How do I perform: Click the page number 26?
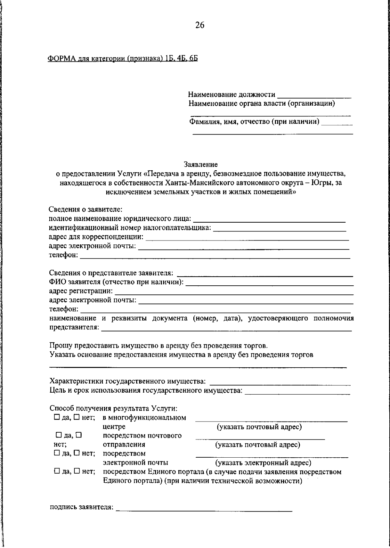[x=200, y=25]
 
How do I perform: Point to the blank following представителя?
[x=226, y=330]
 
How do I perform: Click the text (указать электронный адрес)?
[x=263, y=462]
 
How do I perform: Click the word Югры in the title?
[x=321, y=183]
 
